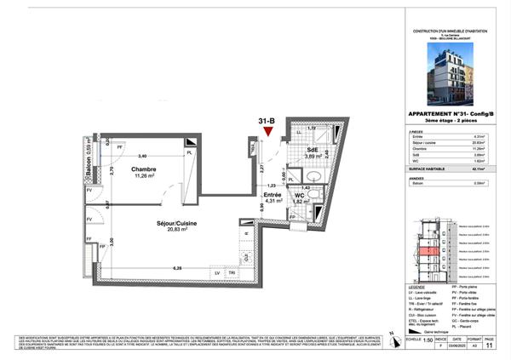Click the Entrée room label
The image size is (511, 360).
(x=273, y=195)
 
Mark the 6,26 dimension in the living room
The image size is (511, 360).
(x=177, y=268)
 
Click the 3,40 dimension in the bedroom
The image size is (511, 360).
(x=142, y=156)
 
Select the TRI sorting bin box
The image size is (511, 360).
(x=233, y=272)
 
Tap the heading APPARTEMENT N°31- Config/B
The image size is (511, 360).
(x=451, y=117)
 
